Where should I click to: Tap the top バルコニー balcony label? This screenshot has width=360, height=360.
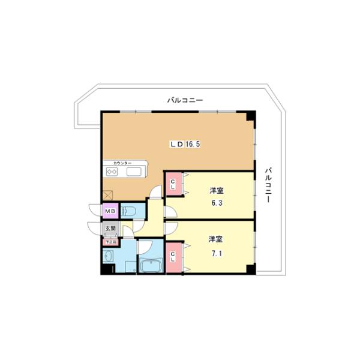(x=185, y=100)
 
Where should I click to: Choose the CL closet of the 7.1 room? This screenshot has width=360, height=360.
(x=173, y=257)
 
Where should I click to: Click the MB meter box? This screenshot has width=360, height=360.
(x=110, y=211)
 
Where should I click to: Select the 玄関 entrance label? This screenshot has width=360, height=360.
(x=110, y=229)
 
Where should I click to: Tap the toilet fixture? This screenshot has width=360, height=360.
(x=129, y=211)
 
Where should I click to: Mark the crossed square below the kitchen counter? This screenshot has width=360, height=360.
(x=108, y=194)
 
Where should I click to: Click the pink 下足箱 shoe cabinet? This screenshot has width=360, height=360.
(x=110, y=241)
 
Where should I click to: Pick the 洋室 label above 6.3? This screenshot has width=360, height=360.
(x=217, y=191)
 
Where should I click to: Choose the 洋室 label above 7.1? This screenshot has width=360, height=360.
(x=217, y=239)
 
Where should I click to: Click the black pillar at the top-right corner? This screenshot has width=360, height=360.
(x=250, y=116)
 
